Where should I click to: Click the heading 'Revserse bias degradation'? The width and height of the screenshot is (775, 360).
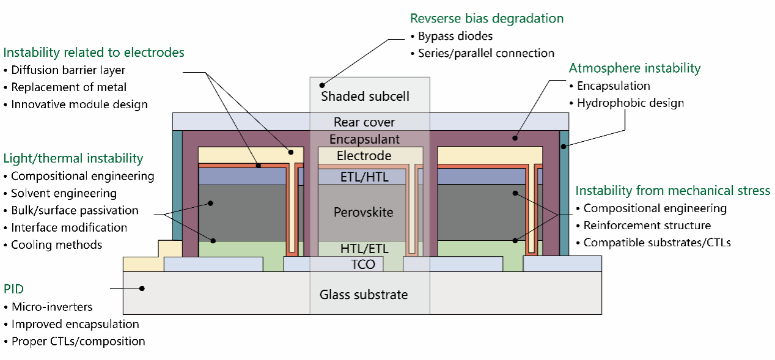(x=487, y=18)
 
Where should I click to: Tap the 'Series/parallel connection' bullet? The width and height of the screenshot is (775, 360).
(x=486, y=53)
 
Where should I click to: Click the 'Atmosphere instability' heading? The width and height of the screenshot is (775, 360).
(x=634, y=68)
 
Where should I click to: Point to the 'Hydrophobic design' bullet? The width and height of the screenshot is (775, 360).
(x=630, y=103)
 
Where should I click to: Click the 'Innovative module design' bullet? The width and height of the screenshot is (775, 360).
(x=79, y=105)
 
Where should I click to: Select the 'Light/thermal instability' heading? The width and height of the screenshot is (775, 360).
(x=73, y=159)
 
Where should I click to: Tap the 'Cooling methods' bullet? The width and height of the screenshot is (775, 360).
(x=56, y=244)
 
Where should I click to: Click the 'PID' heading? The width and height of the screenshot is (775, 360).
(x=15, y=288)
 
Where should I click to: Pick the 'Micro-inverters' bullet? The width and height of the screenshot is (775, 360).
(x=51, y=307)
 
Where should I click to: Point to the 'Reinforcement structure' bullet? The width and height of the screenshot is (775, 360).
(x=647, y=226)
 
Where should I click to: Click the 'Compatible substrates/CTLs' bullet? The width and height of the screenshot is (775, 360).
(x=656, y=243)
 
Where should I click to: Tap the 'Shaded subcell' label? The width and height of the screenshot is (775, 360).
(x=365, y=97)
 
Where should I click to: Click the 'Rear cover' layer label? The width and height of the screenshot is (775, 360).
(x=364, y=123)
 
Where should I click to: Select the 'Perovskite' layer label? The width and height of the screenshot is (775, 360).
(x=362, y=213)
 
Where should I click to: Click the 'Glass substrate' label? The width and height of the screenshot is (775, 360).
(x=363, y=295)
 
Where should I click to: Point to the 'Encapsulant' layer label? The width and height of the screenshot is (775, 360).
(x=364, y=139)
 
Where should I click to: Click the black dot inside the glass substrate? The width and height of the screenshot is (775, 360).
(x=142, y=288)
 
